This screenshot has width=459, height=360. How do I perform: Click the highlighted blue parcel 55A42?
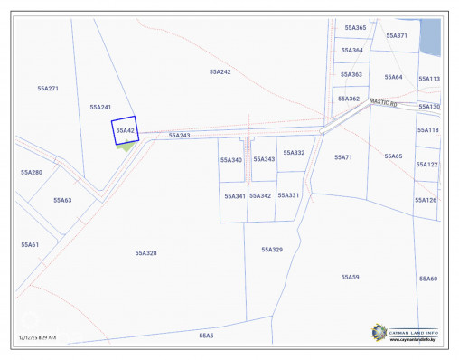(x=124, y=130)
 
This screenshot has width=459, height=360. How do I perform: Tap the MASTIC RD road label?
(x=383, y=103)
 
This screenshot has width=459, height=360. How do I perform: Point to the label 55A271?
(x=48, y=89)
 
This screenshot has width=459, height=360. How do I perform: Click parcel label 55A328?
(x=146, y=253)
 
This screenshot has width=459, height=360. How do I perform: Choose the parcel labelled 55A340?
(x=231, y=160)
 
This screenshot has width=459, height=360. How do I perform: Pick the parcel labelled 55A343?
(x=264, y=159)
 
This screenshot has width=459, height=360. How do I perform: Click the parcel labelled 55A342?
(x=260, y=195)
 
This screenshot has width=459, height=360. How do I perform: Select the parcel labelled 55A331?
(x=288, y=194)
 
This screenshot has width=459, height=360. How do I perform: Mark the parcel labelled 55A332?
(x=294, y=153)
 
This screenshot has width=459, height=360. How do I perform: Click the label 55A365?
(x=355, y=28)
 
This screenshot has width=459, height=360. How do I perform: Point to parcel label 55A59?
(x=350, y=277)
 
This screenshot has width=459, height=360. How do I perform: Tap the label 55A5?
(x=206, y=335)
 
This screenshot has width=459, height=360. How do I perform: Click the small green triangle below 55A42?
(x=127, y=147)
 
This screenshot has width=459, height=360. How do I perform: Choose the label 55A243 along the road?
(x=179, y=135)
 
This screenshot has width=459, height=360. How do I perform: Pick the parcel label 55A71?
(x=342, y=157)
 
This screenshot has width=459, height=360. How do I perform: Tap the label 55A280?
(x=32, y=172)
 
